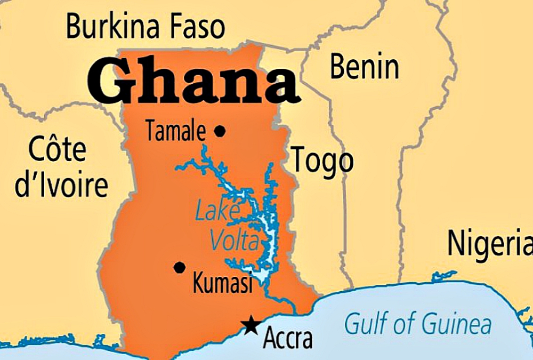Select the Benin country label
point(365,67)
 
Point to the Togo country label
point(322,161)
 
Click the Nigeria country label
point(489,243)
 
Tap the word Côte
point(57,149)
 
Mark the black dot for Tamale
point(220,131)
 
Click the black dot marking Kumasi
point(180,267)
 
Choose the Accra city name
point(288,339)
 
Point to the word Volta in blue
point(235,240)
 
